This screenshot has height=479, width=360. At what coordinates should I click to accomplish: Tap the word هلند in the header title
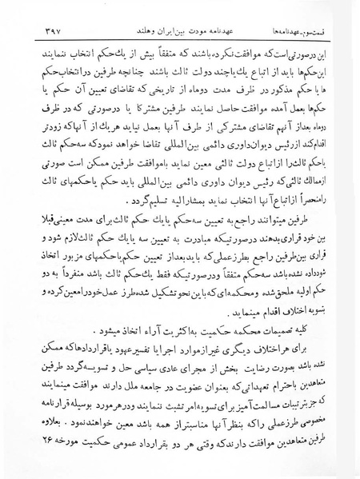coord(135,33)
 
